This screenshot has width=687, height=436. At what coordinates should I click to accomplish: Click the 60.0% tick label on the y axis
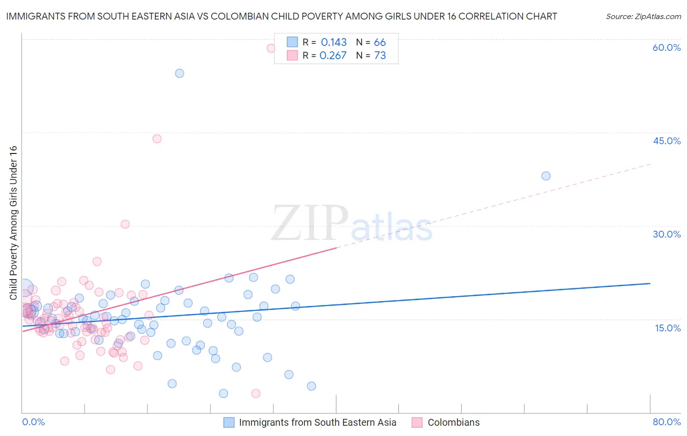click(x=666, y=47)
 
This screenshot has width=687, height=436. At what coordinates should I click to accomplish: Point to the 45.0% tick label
click(x=666, y=141)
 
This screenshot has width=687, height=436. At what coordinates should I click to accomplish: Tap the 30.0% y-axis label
click(x=666, y=234)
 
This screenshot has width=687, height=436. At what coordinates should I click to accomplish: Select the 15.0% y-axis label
click(x=667, y=328)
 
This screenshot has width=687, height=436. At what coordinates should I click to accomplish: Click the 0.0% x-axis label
click(x=33, y=422)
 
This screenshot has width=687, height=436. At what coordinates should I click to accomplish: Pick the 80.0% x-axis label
click(x=666, y=422)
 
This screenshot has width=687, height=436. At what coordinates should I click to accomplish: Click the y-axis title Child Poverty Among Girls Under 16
click(x=13, y=223)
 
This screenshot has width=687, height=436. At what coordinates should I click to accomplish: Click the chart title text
click(x=281, y=16)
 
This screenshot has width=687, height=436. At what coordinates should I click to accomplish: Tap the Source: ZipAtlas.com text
click(x=643, y=16)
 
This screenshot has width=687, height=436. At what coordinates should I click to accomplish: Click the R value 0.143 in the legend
click(x=334, y=43)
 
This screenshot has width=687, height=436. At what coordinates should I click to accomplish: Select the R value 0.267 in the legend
click(x=333, y=56)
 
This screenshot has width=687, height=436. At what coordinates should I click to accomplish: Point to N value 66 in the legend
click(x=380, y=43)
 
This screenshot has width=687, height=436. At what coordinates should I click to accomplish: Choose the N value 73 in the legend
click(x=380, y=56)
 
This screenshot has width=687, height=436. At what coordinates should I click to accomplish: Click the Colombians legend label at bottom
click(x=453, y=422)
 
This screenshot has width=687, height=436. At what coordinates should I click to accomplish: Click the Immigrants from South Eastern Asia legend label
click(x=318, y=422)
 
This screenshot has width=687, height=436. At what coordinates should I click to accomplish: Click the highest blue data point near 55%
click(x=179, y=73)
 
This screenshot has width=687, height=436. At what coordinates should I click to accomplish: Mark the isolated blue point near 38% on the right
click(x=546, y=176)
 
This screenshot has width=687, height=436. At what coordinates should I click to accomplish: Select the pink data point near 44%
click(x=157, y=139)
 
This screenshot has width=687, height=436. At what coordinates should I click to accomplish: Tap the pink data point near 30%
click(x=125, y=224)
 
